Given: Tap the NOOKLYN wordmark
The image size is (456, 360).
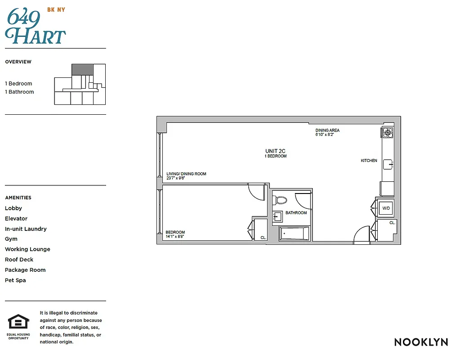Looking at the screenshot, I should tap(420, 342).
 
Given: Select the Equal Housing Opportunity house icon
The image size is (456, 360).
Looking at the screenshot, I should tap(18, 322).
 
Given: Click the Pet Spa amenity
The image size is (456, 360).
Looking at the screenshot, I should tap(15, 280).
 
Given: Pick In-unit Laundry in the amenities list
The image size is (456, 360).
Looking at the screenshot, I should tap(26, 229).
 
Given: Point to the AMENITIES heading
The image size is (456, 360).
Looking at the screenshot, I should tap(18, 198).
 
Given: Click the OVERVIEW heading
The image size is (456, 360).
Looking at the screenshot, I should tap(18, 62).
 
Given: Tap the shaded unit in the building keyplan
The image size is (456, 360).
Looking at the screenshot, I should tap(82, 69).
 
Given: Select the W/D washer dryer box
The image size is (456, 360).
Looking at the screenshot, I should tap(386, 208).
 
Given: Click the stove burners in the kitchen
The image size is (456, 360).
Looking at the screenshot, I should tap(387, 132).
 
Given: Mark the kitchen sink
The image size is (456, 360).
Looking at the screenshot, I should tap(388, 165).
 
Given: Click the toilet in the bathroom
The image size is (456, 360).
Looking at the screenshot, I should tap(280, 200).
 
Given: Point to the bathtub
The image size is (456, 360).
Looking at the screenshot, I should tap(295, 234).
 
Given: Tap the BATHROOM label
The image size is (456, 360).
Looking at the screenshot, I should tap(296, 213).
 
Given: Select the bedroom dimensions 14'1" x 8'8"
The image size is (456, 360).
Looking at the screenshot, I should tap(175, 236).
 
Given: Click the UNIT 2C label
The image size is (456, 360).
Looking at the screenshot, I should tap(275, 151).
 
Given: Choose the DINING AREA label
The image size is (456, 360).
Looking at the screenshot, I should tap(327, 130).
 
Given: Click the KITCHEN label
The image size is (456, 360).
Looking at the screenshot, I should tap(369, 161).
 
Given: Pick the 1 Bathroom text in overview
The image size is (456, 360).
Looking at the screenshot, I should tap(19, 92).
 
